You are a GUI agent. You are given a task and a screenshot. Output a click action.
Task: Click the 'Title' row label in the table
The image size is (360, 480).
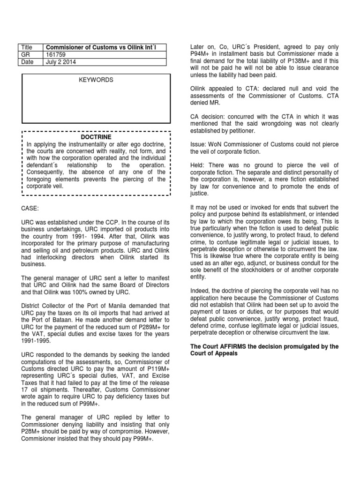[x=27, y=47]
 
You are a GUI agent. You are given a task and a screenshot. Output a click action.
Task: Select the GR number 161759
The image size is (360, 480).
[x=54, y=54]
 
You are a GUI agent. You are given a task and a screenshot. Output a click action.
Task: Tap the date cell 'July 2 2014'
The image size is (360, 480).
[x=60, y=62]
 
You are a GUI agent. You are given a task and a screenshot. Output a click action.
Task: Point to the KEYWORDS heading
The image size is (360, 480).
[x=96, y=80]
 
